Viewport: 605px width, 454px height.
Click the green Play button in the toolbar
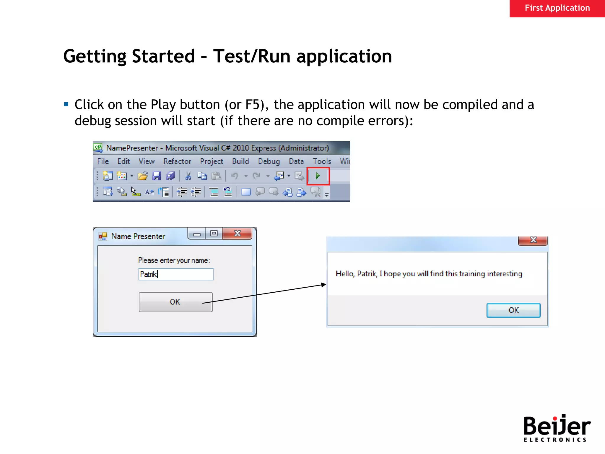point(318,176)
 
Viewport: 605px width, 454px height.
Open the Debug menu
point(269,161)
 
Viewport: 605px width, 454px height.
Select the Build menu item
point(240,161)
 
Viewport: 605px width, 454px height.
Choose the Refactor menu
point(177,161)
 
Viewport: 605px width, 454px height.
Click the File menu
point(103,161)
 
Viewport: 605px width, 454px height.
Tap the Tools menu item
point(322,161)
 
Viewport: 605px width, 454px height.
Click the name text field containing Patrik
point(176,274)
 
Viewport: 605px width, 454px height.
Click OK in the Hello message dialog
point(513,310)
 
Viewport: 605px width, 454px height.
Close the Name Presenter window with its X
point(237,234)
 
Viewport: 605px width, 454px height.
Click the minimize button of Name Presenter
point(197,234)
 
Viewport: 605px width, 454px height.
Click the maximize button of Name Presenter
point(214,234)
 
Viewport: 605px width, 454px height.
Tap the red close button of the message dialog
point(533,240)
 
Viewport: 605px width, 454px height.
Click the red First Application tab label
point(557,8)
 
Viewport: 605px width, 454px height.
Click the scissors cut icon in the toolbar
point(188,176)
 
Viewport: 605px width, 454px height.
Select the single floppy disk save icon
point(156,176)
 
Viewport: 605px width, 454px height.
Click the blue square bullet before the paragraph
point(66,104)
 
